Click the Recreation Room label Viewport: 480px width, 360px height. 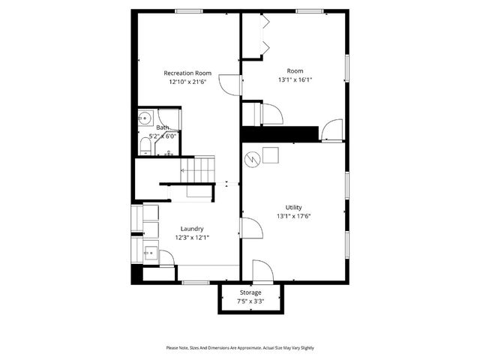point(187,73)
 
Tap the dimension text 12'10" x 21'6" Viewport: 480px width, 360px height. point(187,83)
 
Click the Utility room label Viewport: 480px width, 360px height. point(293,207)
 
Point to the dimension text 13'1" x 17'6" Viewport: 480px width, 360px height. point(293,217)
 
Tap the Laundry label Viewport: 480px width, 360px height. point(192,229)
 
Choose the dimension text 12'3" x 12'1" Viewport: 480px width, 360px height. point(192,238)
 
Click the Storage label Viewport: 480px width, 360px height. point(250,292)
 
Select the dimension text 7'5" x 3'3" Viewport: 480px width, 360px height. point(250,301)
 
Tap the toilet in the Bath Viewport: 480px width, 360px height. point(145,145)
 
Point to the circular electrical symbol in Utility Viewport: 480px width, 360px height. point(253,159)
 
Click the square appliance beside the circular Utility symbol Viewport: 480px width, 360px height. point(271,155)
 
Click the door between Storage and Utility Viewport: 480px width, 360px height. point(260,269)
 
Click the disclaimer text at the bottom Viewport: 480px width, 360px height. point(240,348)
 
